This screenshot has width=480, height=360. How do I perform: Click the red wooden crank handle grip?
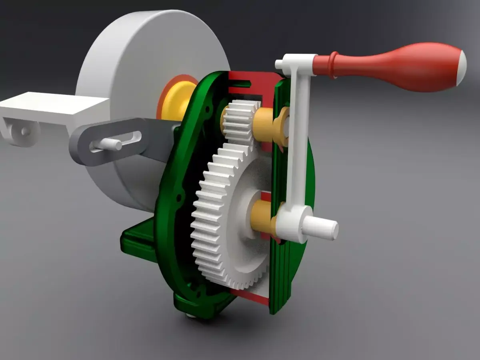click(400, 66)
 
